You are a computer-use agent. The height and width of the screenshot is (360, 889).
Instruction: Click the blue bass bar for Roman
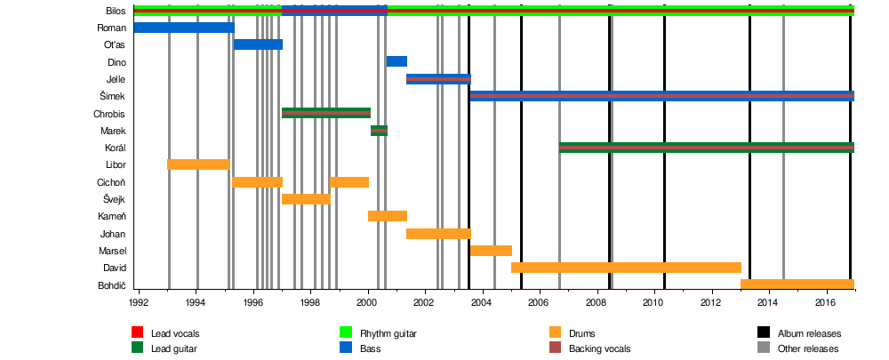pos(183,28)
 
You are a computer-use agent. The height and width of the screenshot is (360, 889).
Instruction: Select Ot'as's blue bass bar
pos(258,44)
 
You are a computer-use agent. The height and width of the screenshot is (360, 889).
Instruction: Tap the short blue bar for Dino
pos(396,61)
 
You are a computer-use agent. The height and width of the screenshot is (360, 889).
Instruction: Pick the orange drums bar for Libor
pos(197,164)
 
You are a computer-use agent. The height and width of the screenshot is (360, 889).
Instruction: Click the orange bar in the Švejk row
pos(305,198)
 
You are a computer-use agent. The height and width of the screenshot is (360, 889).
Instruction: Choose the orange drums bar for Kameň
pos(387,216)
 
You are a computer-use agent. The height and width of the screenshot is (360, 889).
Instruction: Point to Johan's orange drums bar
pos(437,234)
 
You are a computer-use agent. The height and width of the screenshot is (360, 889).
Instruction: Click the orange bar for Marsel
pos(491,251)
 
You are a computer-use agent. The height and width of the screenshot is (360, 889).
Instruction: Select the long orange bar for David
pos(626,268)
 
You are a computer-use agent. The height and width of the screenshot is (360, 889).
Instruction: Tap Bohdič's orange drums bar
pos(797,284)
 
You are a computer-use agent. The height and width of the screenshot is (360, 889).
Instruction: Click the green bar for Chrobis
pos(325,113)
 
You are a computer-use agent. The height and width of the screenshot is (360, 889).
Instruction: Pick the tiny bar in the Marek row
pos(379,131)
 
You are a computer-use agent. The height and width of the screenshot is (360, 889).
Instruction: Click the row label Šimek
pos(114,96)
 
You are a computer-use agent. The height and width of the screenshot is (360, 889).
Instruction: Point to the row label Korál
pos(115,148)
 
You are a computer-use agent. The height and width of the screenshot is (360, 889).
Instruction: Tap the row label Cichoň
pos(111,182)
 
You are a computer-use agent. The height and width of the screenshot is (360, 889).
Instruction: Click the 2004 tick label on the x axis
pos(482,303)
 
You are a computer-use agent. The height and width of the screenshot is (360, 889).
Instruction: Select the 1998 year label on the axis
pos(310,303)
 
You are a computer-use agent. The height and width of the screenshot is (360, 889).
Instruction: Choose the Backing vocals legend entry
pos(599,348)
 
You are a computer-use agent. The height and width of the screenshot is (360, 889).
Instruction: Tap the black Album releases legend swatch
pos(764,333)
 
